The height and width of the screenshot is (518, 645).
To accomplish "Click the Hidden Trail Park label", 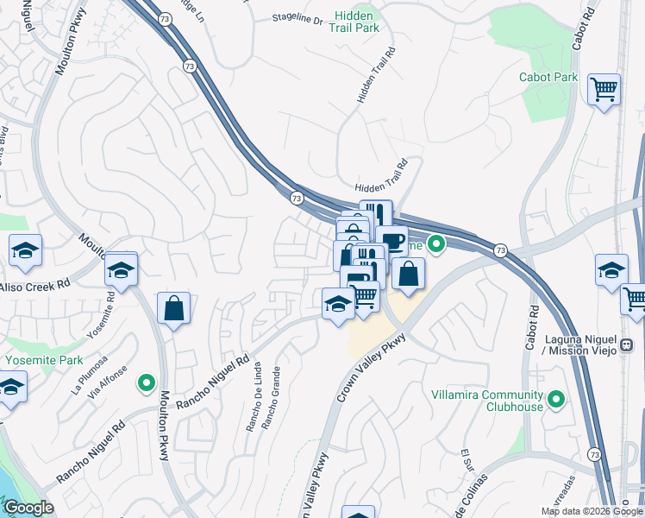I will coord(354,22).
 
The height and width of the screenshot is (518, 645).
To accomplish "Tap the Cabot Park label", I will coord(548,77).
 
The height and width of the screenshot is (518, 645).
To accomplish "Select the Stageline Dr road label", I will coord(296,18).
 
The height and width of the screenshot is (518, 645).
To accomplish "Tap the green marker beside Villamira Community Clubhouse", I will coord(556,400).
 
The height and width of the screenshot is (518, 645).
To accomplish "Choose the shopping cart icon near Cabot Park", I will coord(604,89).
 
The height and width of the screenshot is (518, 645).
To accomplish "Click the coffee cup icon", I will coord(391,241).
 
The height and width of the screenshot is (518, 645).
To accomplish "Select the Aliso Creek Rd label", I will coord(34,286).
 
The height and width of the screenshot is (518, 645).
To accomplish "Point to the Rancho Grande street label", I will coord(272,398).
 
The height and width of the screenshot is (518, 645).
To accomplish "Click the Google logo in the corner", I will coord(28,508).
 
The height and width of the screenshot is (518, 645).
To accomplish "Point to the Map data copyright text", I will coord(592,511).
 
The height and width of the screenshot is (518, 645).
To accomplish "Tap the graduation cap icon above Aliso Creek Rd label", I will coord(26,250).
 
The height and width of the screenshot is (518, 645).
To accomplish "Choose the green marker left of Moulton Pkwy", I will coord(147,381).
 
